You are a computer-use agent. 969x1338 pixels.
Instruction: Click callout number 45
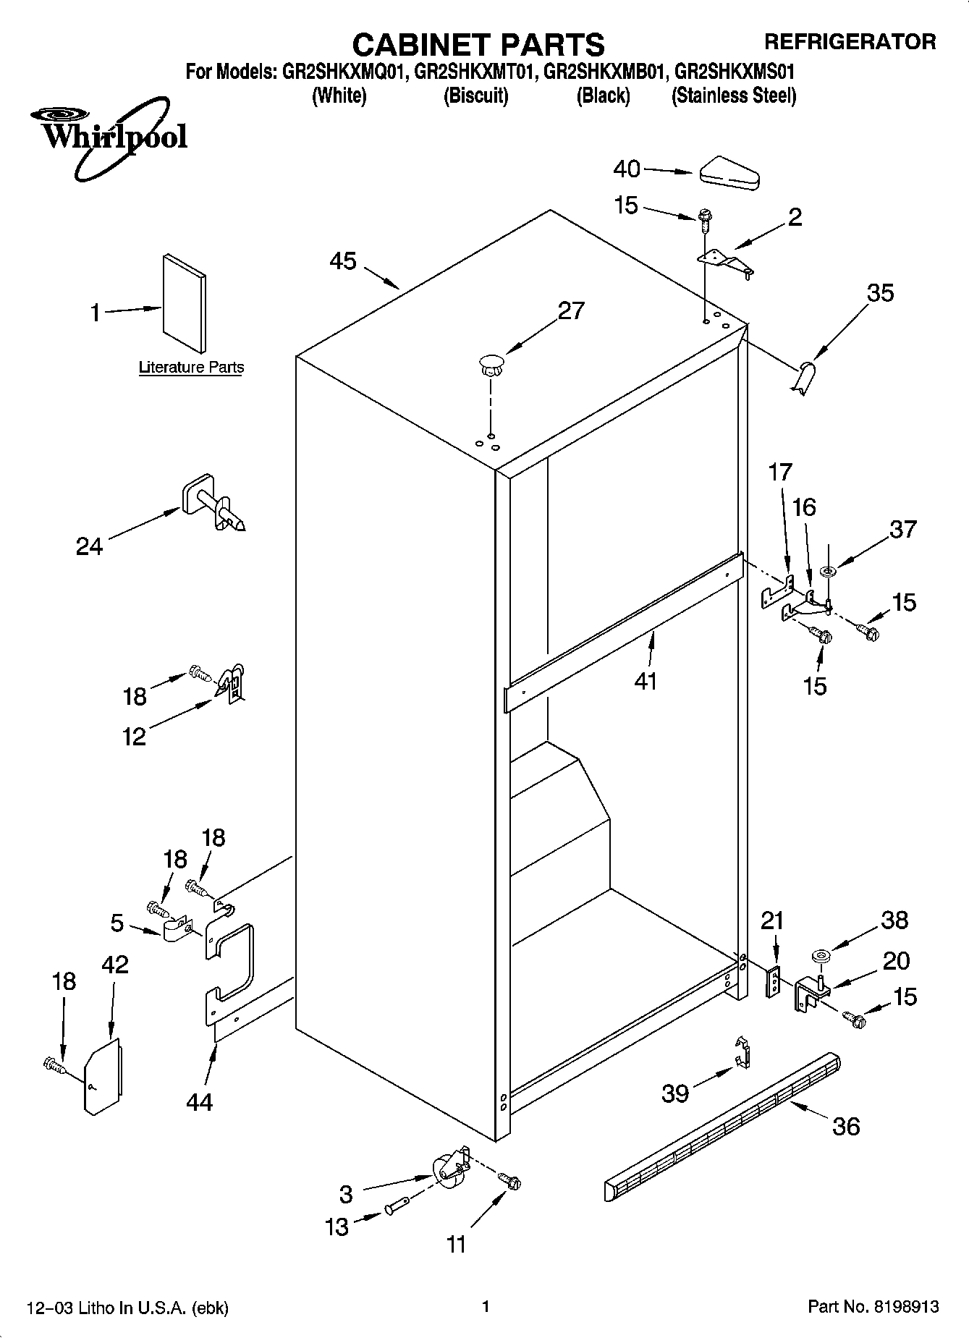point(343,261)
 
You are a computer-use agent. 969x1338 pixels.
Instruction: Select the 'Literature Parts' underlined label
point(191,368)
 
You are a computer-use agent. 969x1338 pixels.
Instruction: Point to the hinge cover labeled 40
point(729,173)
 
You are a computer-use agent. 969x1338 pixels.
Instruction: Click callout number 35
point(880,293)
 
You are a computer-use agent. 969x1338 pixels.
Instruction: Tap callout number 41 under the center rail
point(646,681)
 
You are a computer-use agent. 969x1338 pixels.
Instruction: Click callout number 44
point(199,1101)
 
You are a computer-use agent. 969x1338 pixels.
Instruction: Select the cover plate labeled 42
point(103,1077)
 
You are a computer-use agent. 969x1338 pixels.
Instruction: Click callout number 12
point(135,736)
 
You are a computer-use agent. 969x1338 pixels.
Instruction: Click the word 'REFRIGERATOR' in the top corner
point(850,42)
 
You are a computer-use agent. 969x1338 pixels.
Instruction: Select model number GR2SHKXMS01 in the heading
point(735,72)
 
